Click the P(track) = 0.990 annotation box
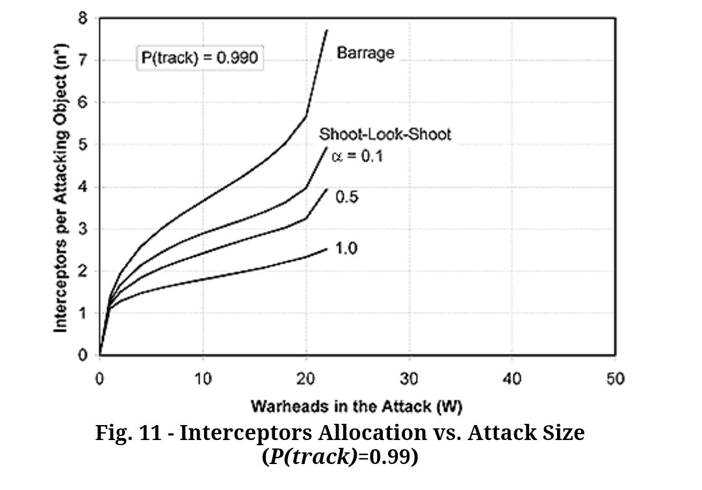click(x=200, y=58)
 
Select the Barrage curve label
click(x=365, y=53)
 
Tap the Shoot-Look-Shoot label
click(x=385, y=134)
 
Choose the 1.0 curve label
click(x=347, y=249)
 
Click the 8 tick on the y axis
click(x=83, y=18)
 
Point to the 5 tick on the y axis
click(x=83, y=145)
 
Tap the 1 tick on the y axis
click(x=83, y=313)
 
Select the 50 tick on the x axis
click(x=615, y=378)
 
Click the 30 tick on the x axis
click(x=409, y=378)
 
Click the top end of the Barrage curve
click(x=326, y=30)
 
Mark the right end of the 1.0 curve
click(x=326, y=249)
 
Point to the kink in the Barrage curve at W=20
click(x=306, y=116)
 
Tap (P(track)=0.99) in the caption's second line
click(x=340, y=457)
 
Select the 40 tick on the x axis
click(x=512, y=378)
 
